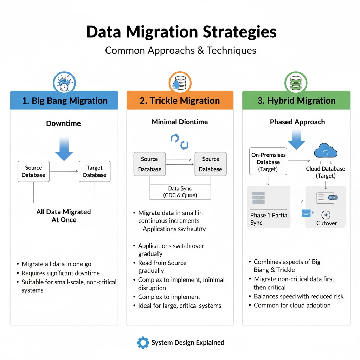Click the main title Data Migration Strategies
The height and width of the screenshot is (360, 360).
click(181, 32)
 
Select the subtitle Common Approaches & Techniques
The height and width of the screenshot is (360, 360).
click(180, 50)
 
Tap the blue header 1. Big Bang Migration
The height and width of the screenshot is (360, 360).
click(64, 101)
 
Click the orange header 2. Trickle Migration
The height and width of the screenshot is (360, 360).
click(180, 101)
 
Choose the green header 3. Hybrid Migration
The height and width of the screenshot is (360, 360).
click(296, 101)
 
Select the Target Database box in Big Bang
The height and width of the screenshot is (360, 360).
click(95, 172)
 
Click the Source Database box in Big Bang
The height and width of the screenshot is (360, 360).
click(33, 172)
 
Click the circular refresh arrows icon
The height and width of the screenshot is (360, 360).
click(180, 141)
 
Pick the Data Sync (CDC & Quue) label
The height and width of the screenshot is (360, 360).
click(180, 192)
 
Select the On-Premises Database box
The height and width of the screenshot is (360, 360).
click(268, 162)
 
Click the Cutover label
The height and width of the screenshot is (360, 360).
click(326, 223)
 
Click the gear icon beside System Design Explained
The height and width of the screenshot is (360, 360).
click(143, 342)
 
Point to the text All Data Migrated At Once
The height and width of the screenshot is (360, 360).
click(64, 216)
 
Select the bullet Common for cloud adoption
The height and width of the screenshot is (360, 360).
click(292, 305)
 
